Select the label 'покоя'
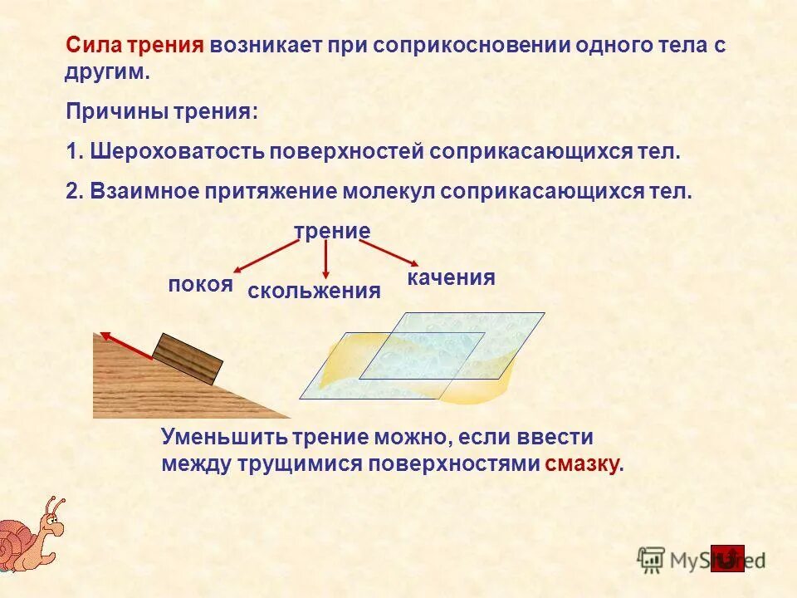pyautogui.click(x=200, y=285)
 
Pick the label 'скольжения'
pyautogui.click(x=315, y=292)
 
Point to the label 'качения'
pyautogui.click(x=451, y=278)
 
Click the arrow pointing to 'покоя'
pyautogui.click(x=265, y=257)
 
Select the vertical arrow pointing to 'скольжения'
pyautogui.click(x=326, y=260)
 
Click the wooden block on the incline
pyautogui.click(x=188, y=360)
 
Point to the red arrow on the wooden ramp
pyautogui.click(x=127, y=347)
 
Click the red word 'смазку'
pyautogui.click(x=582, y=465)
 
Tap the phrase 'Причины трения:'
pyautogui.click(x=162, y=112)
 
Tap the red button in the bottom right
pyautogui.click(x=727, y=558)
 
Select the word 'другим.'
pyautogui.click(x=107, y=72)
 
